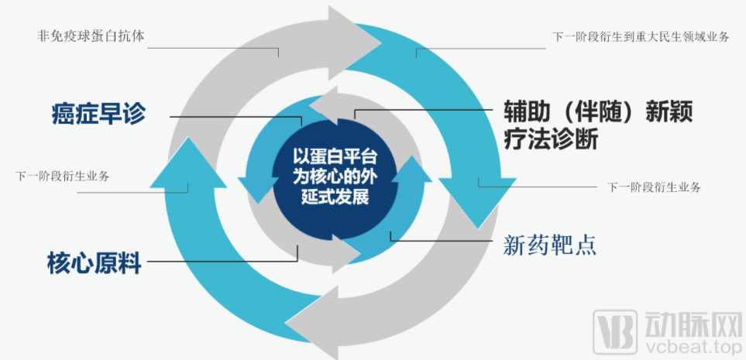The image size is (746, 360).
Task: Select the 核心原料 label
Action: (94, 262)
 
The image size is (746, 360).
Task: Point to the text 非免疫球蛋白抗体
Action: (91, 36)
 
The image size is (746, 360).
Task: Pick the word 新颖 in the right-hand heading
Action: (665, 112)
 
